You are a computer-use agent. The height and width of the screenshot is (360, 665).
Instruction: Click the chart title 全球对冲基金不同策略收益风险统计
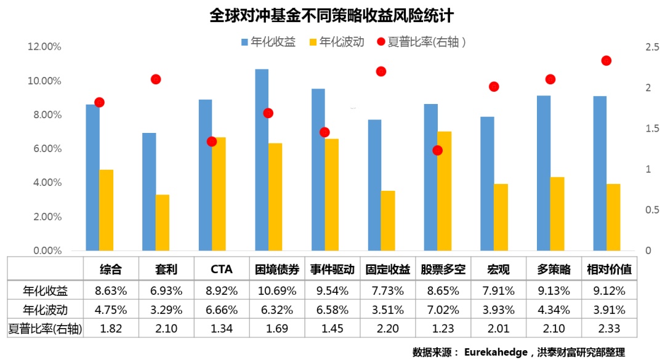(x=332, y=15)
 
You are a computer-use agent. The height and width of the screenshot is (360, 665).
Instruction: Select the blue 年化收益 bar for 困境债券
(x=262, y=160)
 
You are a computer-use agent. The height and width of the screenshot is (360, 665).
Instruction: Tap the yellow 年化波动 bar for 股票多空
(x=444, y=191)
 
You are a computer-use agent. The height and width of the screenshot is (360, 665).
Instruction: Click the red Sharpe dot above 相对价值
(x=606, y=60)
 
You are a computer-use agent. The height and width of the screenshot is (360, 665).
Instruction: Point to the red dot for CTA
(x=212, y=142)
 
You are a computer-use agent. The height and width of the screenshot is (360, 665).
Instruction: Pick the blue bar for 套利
(x=149, y=191)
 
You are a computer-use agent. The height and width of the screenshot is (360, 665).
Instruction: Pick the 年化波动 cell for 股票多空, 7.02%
(x=443, y=309)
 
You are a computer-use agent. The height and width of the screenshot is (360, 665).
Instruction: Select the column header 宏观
(x=499, y=270)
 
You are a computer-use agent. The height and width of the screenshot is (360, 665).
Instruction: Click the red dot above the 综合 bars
(x=99, y=102)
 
